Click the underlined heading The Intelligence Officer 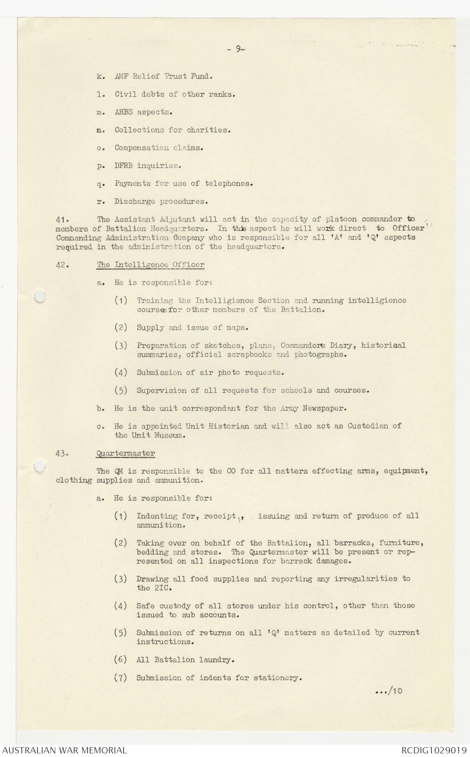[150, 265]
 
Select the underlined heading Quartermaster [125, 453]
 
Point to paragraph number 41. [61, 219]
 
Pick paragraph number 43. [61, 453]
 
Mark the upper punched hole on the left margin [40, 297]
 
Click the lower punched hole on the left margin [40, 466]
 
